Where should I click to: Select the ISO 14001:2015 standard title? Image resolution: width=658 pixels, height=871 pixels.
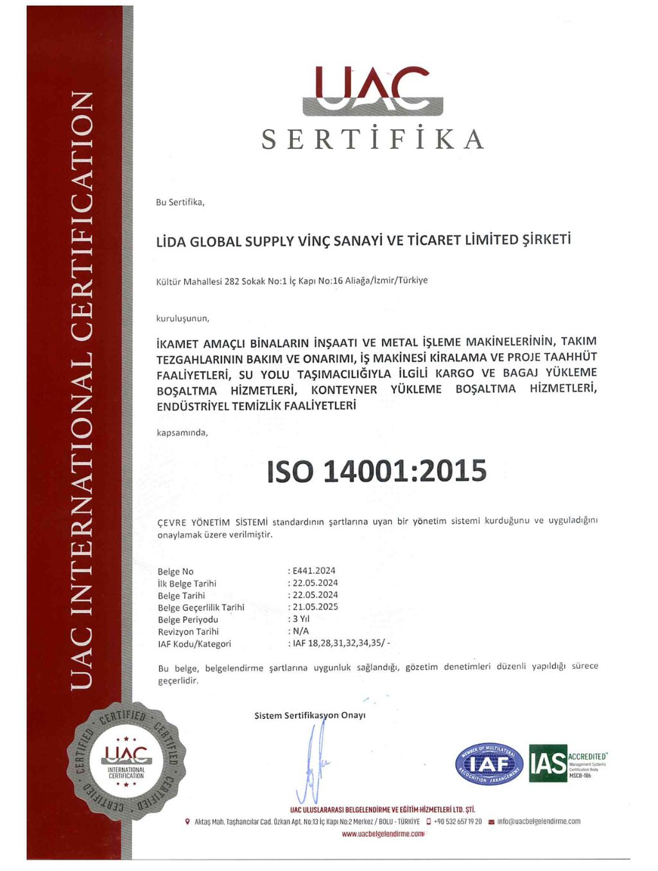pyautogui.click(x=377, y=471)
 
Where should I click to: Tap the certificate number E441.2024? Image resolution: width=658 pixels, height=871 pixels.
pyautogui.click(x=314, y=571)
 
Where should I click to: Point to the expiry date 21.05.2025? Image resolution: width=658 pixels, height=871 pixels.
pyautogui.click(x=315, y=607)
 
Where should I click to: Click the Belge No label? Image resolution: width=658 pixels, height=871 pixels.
pyautogui.click(x=175, y=571)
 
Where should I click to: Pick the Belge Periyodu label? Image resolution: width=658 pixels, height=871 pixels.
pyautogui.click(x=188, y=619)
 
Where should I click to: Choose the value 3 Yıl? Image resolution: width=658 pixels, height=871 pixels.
pyautogui.click(x=301, y=619)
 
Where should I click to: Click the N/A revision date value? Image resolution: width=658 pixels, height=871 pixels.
pyautogui.click(x=300, y=631)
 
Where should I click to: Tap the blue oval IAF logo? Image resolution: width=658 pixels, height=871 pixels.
pyautogui.click(x=489, y=764)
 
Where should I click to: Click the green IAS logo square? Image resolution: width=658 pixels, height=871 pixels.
pyautogui.click(x=548, y=763)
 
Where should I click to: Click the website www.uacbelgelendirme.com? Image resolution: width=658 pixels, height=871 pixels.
pyautogui.click(x=383, y=834)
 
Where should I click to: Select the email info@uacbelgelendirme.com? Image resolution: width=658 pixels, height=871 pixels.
pyautogui.click(x=539, y=821)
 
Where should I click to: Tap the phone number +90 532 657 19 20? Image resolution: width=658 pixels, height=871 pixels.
pyautogui.click(x=458, y=821)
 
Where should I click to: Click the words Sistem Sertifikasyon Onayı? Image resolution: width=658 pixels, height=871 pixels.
pyautogui.click(x=309, y=715)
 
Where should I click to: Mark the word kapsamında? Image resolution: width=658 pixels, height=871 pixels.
pyautogui.click(x=182, y=433)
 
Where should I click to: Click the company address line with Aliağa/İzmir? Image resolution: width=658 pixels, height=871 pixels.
pyautogui.click(x=291, y=280)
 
